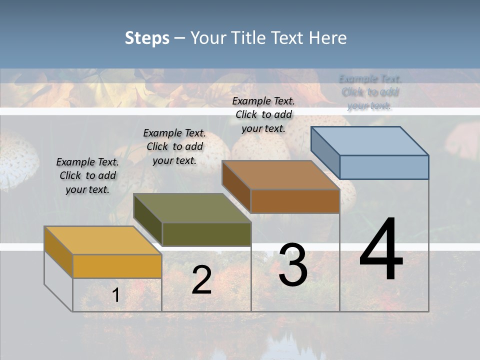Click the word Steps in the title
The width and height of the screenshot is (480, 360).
click(147, 38)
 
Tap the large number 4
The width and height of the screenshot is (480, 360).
click(381, 250)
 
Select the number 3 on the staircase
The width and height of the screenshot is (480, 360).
click(292, 265)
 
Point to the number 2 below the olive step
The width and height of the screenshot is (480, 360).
click(201, 280)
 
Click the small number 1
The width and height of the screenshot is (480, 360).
click(115, 295)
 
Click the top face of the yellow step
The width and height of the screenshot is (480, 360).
click(102, 240)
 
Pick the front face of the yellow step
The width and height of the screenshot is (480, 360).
click(117, 266)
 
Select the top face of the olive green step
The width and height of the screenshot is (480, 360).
click(192, 208)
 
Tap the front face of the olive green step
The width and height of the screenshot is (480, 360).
click(206, 234)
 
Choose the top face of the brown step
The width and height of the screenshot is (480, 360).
click(280, 175)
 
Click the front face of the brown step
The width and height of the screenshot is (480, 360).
click(295, 201)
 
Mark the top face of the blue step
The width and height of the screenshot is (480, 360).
click(370, 140)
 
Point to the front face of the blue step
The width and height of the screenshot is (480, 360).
click(384, 167)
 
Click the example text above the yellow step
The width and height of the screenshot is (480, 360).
click(87, 176)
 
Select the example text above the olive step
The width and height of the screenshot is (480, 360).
click(174, 147)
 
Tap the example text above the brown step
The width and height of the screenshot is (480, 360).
click(263, 114)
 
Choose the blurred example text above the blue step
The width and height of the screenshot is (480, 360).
click(370, 92)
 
